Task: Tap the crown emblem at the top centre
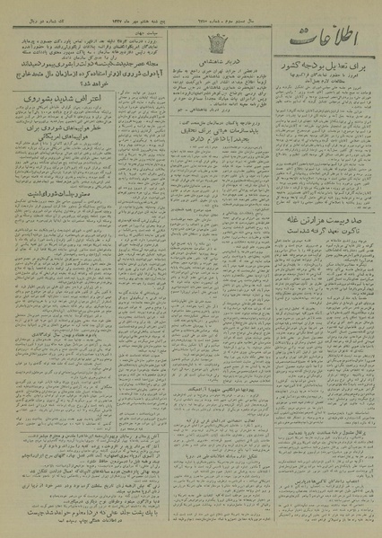pyautogui.click(x=191, y=41)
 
